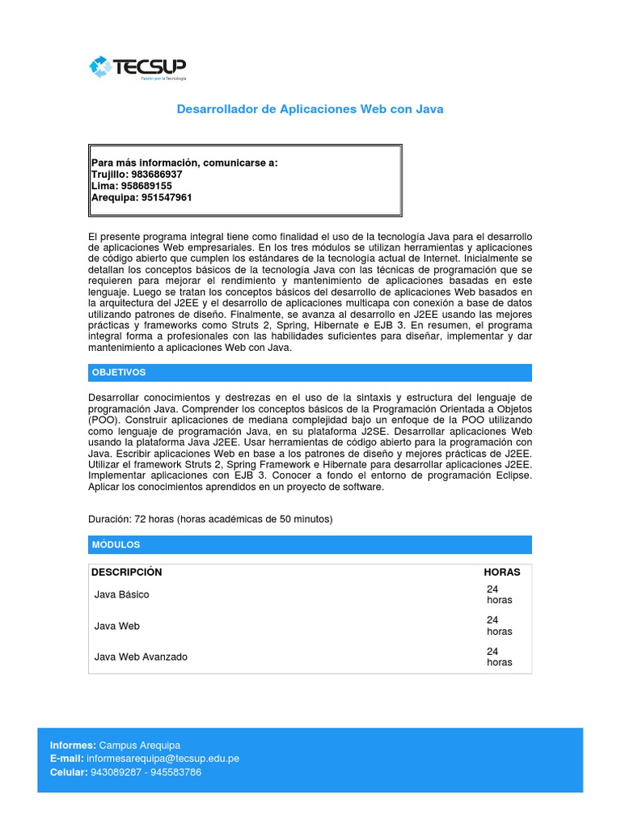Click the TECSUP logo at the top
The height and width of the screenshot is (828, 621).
[x=138, y=68]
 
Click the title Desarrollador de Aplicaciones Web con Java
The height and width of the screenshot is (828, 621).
[x=310, y=108]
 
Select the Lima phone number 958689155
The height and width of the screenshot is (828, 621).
[x=146, y=185]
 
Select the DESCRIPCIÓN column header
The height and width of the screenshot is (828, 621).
[x=127, y=572]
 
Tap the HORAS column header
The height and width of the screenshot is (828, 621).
[x=502, y=572]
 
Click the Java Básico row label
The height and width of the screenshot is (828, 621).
[x=122, y=595]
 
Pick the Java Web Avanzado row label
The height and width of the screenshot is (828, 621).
[x=141, y=657]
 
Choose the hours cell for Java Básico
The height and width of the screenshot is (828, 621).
[x=499, y=595]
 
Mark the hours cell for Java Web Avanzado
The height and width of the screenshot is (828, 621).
[x=499, y=657]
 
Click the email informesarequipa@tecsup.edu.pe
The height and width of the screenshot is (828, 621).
[x=163, y=758]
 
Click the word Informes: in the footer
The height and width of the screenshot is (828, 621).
[x=73, y=745]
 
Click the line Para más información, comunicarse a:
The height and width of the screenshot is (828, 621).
[x=184, y=163]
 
